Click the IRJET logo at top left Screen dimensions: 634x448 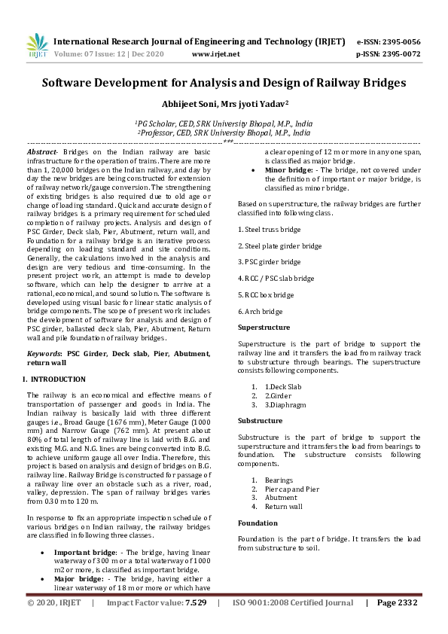pos(37,47)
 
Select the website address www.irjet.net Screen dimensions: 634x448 pos(216,54)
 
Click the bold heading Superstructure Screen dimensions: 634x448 pos(264,328)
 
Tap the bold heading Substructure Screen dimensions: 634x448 pos(261,420)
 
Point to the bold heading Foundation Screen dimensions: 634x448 pos(258,523)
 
